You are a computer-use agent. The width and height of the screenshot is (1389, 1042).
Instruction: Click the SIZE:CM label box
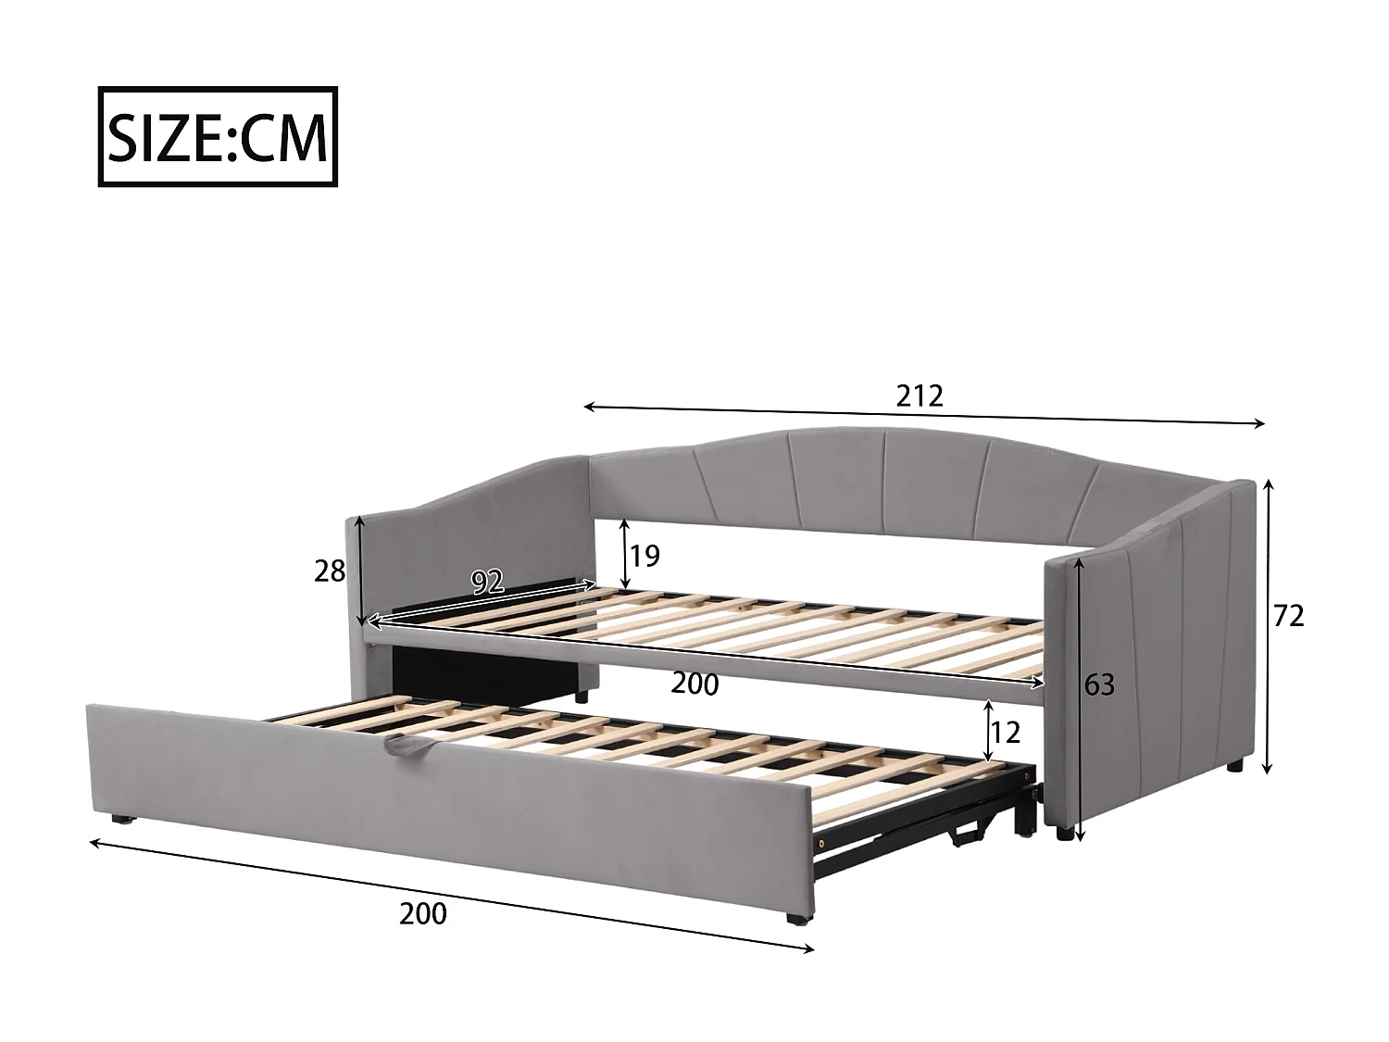(x=218, y=137)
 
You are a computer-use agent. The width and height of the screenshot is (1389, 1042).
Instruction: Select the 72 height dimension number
(x=1288, y=615)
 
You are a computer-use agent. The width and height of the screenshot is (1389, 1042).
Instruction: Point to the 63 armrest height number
(x=1098, y=685)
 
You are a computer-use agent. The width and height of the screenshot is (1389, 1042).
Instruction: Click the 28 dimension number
(x=330, y=571)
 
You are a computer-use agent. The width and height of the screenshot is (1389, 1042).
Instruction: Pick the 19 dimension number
(x=644, y=556)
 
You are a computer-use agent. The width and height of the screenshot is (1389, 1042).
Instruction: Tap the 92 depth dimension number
(x=487, y=582)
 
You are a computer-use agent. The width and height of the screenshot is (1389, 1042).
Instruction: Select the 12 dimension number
(x=1005, y=733)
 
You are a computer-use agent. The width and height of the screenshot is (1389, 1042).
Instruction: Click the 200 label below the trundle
(x=422, y=913)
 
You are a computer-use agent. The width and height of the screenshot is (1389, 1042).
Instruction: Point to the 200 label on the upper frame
(x=694, y=684)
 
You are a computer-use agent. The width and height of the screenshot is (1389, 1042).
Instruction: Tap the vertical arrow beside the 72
(x=1269, y=625)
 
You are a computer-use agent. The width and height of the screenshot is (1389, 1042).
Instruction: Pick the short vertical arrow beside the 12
(x=989, y=732)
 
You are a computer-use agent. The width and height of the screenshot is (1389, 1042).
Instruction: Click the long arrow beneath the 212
(x=924, y=415)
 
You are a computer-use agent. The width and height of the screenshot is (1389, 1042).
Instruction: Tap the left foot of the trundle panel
(x=120, y=819)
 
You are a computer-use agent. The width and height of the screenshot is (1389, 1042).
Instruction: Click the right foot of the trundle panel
(x=795, y=920)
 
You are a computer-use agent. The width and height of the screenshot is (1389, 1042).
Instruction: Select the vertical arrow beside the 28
(x=360, y=571)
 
